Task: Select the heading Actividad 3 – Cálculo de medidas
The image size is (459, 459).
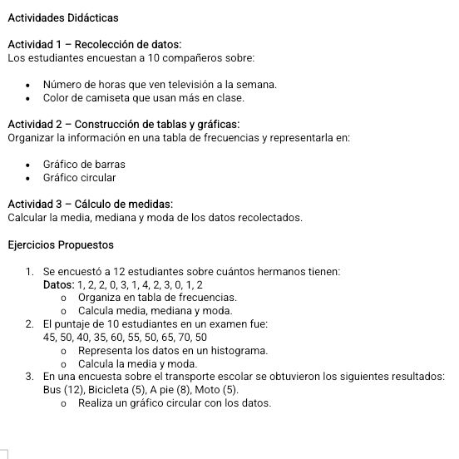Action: [90, 205]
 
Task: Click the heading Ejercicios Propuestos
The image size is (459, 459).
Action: [61, 245]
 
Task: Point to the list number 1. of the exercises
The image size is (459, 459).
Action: [30, 272]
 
